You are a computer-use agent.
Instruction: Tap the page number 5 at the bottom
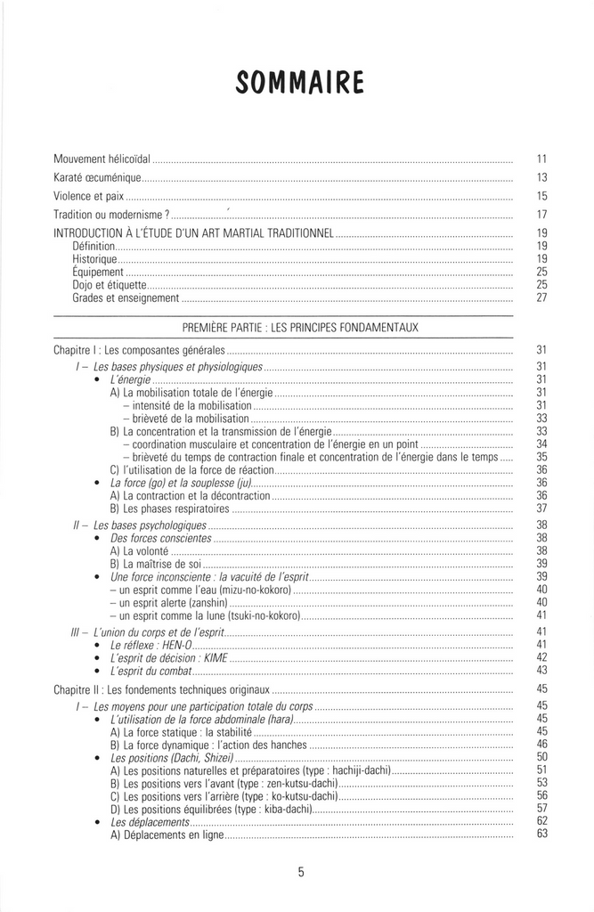(x=301, y=872)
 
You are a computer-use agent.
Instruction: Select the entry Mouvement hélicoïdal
(x=102, y=159)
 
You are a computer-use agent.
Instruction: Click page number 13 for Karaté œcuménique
(x=541, y=177)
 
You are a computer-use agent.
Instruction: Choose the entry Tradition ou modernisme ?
(x=111, y=215)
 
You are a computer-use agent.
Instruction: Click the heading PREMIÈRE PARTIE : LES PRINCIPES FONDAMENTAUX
(x=300, y=327)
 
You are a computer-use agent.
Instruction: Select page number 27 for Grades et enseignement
(x=541, y=297)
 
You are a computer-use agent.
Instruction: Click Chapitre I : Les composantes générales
(x=139, y=351)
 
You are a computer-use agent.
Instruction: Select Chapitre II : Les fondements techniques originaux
(x=161, y=688)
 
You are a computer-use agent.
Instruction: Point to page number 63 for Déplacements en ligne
(x=541, y=834)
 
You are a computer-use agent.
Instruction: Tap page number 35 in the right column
(x=541, y=457)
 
